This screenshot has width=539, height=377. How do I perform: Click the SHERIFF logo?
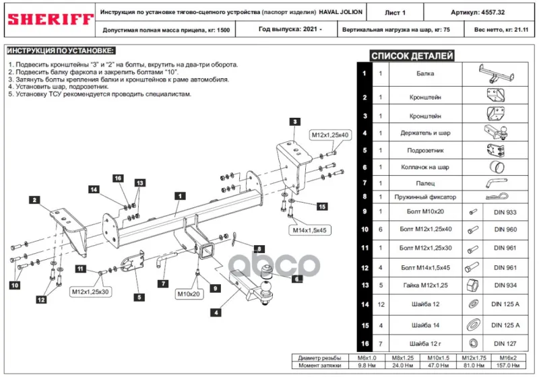point(51,20)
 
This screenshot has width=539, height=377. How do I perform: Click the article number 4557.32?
point(493,12)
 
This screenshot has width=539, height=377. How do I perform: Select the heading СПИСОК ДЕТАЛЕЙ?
point(412,56)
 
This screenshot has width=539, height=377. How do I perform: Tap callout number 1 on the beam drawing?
point(180,196)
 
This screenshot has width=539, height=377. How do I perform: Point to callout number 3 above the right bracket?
point(295,122)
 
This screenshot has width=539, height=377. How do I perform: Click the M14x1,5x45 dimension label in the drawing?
point(309,230)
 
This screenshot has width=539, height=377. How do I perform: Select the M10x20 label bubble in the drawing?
point(189,294)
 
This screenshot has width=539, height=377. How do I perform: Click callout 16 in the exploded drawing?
point(118,178)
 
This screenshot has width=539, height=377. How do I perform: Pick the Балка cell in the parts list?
point(425,73)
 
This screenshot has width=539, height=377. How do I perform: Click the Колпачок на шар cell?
point(425,167)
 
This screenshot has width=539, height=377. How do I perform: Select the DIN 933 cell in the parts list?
point(505,212)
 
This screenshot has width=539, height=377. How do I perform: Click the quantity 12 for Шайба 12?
point(381,304)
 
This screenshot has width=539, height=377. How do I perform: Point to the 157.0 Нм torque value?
point(508,366)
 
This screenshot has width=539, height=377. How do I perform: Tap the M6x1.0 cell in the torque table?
point(367,357)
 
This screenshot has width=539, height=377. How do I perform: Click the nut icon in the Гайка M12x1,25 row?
point(473,285)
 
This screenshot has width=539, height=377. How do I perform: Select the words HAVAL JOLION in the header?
point(340,12)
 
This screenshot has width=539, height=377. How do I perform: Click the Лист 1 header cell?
point(395,13)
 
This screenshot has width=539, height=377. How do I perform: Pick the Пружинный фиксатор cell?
point(425,197)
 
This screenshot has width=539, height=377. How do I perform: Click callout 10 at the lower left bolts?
point(15,285)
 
